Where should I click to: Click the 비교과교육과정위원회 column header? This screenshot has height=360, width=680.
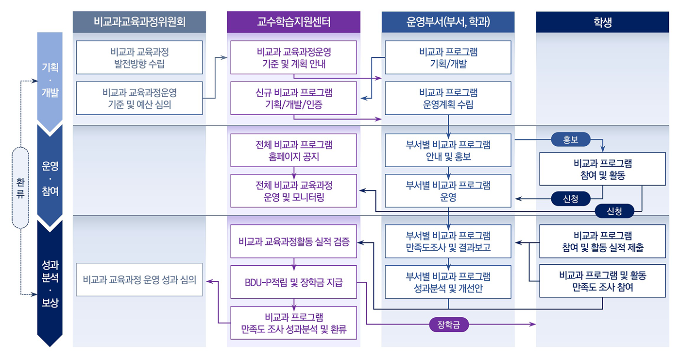coord(139,22)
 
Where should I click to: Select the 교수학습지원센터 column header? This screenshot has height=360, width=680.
coord(293,22)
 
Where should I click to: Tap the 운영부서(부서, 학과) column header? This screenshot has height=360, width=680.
coord(448,22)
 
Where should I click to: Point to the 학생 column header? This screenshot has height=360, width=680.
coord(602,22)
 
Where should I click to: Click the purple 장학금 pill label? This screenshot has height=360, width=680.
coord(448,325)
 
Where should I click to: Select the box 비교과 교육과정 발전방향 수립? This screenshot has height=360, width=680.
coord(139,57)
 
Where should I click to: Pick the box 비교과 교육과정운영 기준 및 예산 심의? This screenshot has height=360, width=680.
coord(139,98)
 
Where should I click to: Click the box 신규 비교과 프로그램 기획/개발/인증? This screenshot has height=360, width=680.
coord(293,98)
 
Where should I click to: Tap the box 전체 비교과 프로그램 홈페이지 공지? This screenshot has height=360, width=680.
coord(293,150)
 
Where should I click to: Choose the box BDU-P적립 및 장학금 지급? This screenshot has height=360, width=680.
coord(293,282)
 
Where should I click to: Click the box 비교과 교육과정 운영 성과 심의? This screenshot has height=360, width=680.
coord(139,280)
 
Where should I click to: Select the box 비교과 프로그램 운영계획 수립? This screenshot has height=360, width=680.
coord(448,98)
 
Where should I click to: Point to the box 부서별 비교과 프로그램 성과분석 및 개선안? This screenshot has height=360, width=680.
coord(448,282)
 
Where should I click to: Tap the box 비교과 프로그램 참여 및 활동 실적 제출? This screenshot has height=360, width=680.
coord(602,241)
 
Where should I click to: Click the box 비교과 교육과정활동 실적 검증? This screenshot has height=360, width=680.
coord(293,241)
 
